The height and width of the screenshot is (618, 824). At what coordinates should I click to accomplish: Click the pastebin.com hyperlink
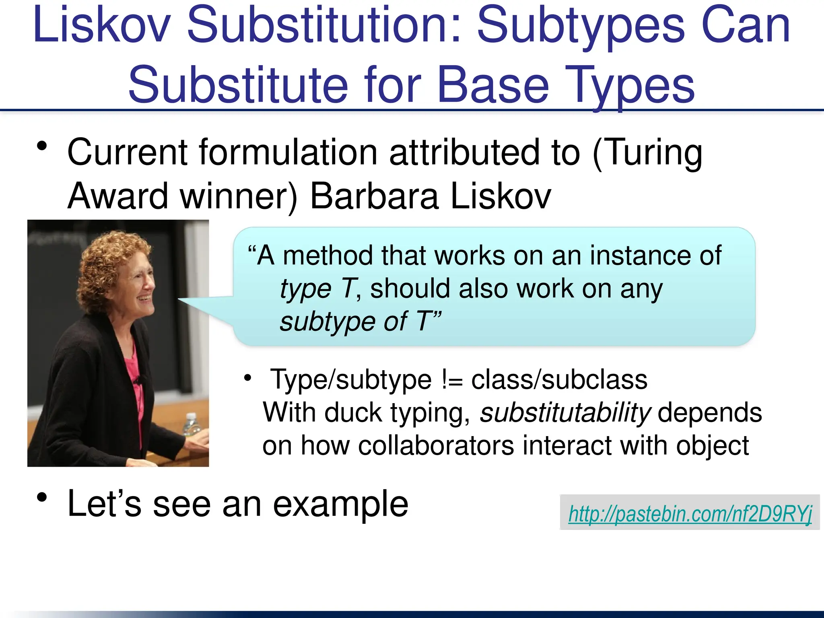click(690, 514)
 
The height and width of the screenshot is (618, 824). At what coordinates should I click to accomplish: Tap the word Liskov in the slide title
click(102, 25)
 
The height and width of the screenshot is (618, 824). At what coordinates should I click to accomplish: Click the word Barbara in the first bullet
click(374, 196)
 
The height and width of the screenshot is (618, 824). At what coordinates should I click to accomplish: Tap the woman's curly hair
click(105, 266)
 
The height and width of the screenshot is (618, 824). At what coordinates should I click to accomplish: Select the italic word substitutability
click(565, 413)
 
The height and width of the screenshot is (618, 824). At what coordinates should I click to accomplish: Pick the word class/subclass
click(559, 380)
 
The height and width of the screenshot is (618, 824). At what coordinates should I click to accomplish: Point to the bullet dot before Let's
click(41, 498)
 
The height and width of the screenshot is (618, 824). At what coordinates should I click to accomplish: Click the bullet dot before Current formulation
click(41, 146)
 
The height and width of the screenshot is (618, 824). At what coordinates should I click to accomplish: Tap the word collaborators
click(436, 446)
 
